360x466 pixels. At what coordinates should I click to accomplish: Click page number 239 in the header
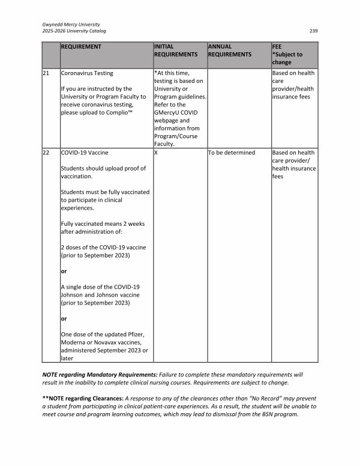[313, 31]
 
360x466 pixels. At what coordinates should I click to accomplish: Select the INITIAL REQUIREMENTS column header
[176, 50]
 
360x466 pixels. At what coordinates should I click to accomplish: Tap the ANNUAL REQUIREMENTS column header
[230, 50]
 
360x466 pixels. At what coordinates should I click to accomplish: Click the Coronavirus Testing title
[87, 73]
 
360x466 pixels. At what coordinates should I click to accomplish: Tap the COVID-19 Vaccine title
[85, 153]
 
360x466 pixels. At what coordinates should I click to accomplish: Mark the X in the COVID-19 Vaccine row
[156, 153]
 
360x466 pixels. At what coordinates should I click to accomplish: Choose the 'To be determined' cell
[231, 153]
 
